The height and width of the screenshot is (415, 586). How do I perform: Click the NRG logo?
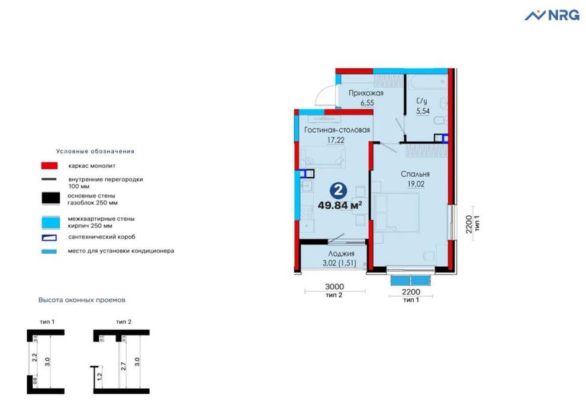552,15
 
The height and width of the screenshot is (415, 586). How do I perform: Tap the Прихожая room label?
366,93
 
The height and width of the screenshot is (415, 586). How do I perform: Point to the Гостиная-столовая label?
337,130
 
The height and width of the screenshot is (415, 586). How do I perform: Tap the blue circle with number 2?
340,190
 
